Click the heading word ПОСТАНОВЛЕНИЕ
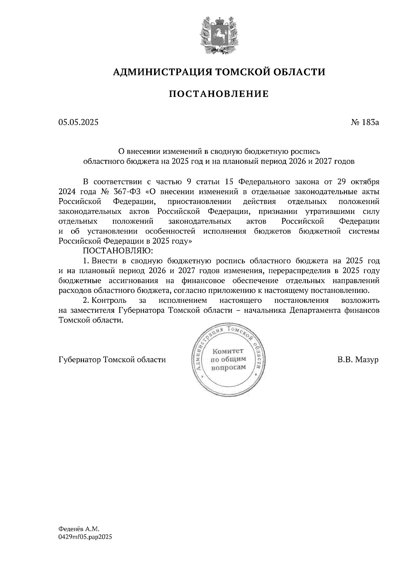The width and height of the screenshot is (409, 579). [x=218, y=94]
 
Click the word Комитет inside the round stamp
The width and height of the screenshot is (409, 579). [x=228, y=351]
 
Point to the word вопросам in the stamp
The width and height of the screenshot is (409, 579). [x=228, y=368]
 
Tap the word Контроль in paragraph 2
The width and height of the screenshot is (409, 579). [x=110, y=301]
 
